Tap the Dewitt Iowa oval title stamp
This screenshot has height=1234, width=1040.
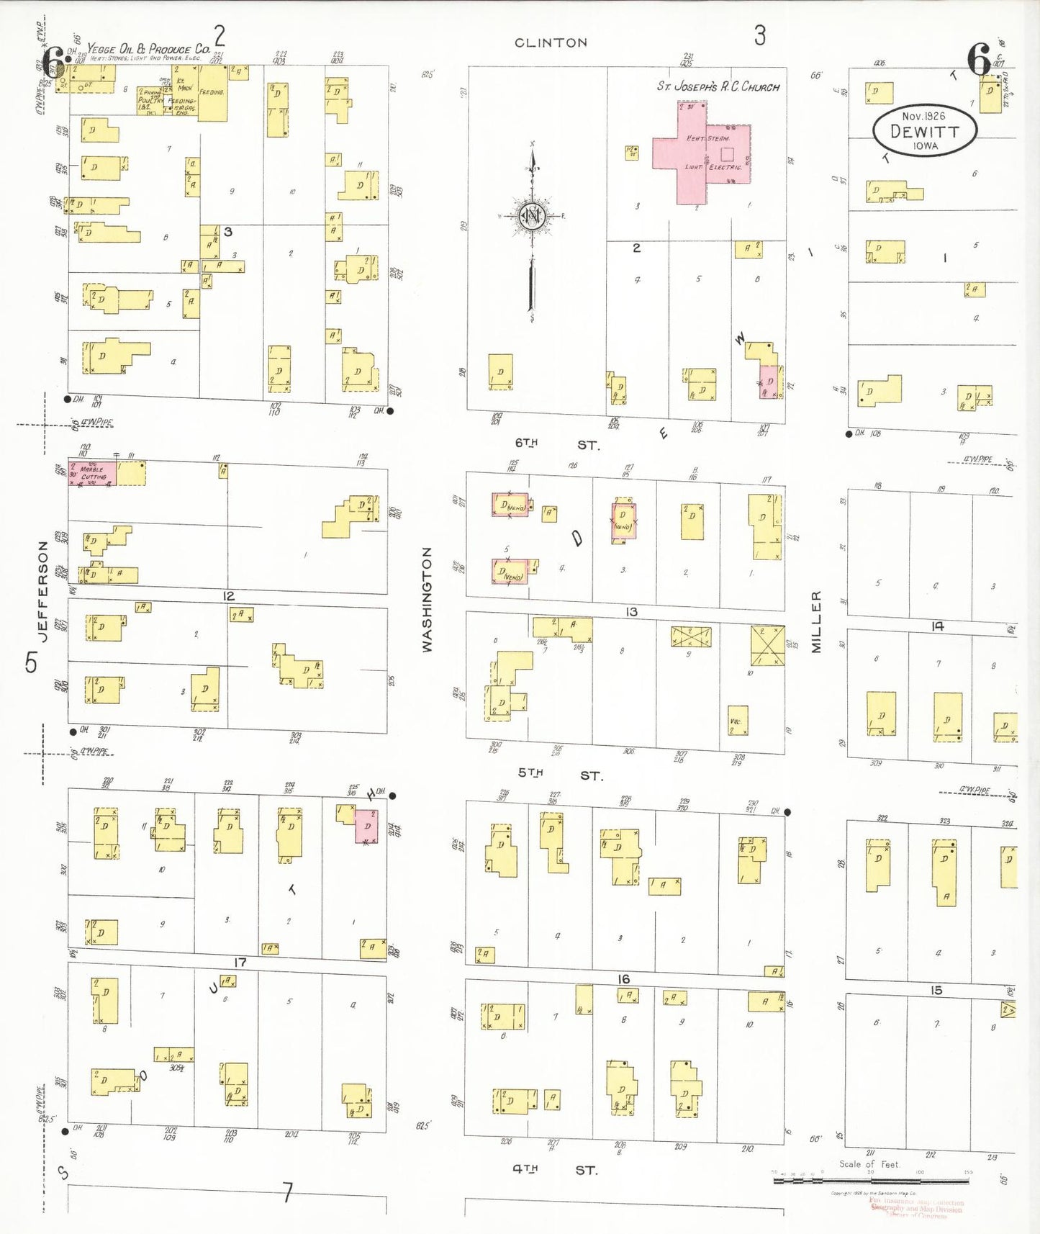tap(925, 130)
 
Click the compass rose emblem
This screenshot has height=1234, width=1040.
tap(533, 215)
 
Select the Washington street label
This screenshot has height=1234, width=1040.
tap(427, 599)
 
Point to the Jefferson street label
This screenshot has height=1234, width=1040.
tap(42, 591)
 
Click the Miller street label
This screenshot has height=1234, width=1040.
tap(816, 622)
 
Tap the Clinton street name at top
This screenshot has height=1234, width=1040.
tap(551, 43)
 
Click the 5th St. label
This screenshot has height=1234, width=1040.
tap(560, 774)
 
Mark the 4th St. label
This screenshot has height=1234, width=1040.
tap(555, 1170)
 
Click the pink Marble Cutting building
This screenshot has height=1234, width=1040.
tap(92, 473)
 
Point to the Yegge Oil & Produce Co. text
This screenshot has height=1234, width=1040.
tap(148, 49)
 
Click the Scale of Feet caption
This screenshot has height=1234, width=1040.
tap(869, 1164)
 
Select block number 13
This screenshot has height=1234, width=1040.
tap(631, 612)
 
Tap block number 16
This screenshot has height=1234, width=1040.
tap(623, 979)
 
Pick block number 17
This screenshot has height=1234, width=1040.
tap(240, 963)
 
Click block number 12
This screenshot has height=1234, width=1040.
tap(228, 596)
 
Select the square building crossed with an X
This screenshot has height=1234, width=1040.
tap(767, 645)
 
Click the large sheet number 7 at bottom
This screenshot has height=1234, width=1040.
tap(287, 1193)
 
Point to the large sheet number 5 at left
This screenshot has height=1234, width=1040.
tap(31, 662)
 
